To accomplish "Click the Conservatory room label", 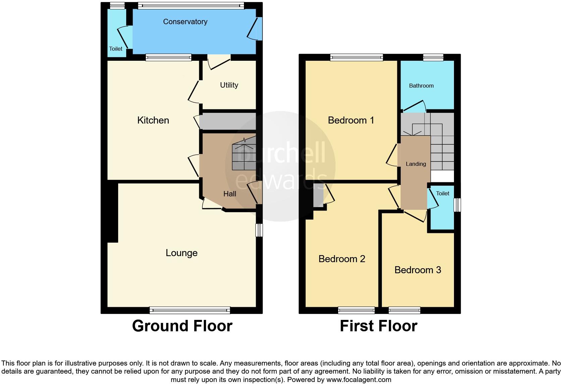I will point(185,22).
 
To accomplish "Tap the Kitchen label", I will point(153,120).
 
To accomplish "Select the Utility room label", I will point(229,85).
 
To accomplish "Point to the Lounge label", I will point(182,253).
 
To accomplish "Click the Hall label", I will point(230,194).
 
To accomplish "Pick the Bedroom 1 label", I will point(351,120).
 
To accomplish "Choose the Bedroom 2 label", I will point(342,259).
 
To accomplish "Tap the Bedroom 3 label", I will point(417,270).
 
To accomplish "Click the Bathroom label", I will point(421,86).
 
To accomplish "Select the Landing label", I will point(416,164).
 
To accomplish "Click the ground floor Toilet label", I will point(116,49).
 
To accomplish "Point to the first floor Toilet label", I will point(443,194).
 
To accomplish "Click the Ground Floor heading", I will point(182,326).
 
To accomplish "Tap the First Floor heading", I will point(378,326).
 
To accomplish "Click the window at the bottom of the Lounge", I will point(190,310).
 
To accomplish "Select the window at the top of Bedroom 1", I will point(356,58).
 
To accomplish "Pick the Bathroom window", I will point(433,58).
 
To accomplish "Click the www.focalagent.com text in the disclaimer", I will point(359,380).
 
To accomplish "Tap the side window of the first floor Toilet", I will point(457,205).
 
